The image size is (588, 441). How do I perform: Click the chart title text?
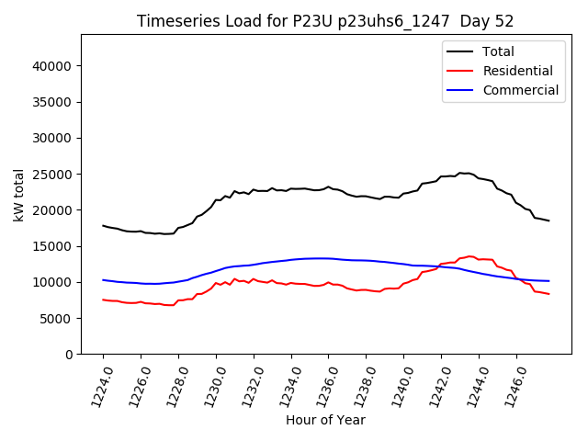point(325,21)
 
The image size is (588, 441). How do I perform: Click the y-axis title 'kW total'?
point(19,195)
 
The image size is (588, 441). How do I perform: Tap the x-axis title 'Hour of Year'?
point(325,420)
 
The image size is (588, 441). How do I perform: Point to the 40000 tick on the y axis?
point(52,66)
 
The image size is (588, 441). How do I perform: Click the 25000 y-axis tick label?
point(52,174)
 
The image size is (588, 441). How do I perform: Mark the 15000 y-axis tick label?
point(52,246)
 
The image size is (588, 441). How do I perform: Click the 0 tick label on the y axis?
point(69,354)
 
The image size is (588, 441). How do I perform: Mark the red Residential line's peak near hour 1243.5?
point(469,256)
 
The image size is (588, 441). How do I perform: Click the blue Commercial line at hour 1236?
point(328,258)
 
